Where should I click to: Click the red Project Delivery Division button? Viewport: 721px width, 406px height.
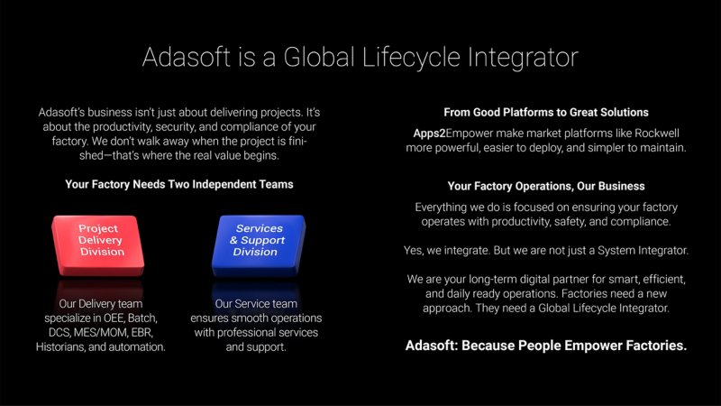tap(98, 245)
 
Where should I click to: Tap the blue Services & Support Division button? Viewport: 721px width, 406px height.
tap(258, 245)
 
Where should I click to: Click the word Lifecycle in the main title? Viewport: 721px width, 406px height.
tap(411, 57)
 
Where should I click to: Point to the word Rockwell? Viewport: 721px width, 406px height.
tap(657, 133)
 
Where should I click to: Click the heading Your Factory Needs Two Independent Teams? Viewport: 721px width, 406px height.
tap(179, 184)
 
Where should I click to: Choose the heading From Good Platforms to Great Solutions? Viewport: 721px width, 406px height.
tap(546, 112)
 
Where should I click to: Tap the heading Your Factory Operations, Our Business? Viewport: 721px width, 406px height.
tap(546, 186)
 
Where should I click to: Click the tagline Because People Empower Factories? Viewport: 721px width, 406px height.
tap(574, 346)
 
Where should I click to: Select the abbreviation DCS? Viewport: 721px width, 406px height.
tap(59, 332)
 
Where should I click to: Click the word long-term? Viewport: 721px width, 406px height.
tap(495, 280)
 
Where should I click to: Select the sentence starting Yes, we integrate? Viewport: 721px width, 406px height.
tap(546, 251)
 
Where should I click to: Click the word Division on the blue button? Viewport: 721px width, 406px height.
tap(255, 252)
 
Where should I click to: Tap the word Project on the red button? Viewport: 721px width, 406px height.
tap(98, 228)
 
